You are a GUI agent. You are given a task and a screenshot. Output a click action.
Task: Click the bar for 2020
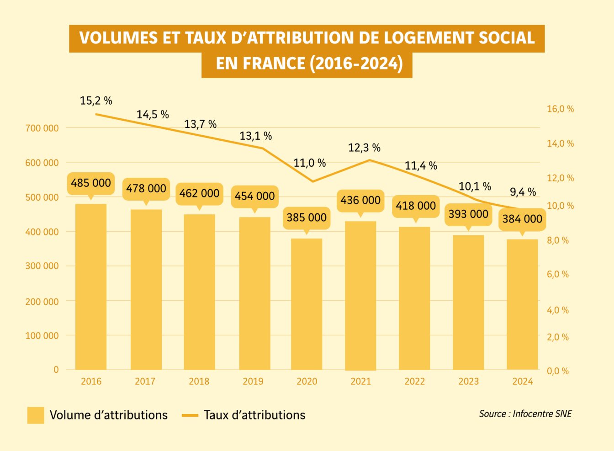(307, 304)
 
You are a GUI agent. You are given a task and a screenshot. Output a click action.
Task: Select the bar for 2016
(91, 287)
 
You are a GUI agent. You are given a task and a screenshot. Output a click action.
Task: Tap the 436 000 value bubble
(360, 200)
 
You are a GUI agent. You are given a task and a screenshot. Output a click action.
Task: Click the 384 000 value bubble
(522, 219)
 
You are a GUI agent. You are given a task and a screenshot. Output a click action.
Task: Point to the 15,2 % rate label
(96, 101)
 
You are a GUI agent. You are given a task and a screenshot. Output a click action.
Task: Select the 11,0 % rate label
(309, 163)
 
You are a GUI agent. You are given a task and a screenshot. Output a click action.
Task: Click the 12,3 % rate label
(364, 148)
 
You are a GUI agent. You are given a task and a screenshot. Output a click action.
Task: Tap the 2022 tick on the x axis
(414, 382)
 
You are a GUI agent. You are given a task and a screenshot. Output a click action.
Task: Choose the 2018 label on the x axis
(199, 382)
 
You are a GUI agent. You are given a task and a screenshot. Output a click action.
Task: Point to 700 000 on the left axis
(42, 128)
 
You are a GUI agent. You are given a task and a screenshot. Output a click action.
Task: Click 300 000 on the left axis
(42, 266)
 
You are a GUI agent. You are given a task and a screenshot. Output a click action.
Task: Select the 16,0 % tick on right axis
(560, 109)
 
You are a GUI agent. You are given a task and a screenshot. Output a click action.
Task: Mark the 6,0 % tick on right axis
(558, 274)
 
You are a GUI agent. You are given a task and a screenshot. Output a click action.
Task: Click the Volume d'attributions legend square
(36, 415)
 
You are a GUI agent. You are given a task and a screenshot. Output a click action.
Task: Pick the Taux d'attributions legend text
(254, 415)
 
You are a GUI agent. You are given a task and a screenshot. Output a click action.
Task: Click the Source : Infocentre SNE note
(525, 414)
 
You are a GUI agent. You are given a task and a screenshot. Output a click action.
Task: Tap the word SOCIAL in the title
(507, 38)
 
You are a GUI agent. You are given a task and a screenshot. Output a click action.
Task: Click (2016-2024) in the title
(356, 64)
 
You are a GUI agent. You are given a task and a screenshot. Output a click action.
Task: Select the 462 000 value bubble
(199, 193)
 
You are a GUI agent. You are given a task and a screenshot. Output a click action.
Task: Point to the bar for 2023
(468, 302)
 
